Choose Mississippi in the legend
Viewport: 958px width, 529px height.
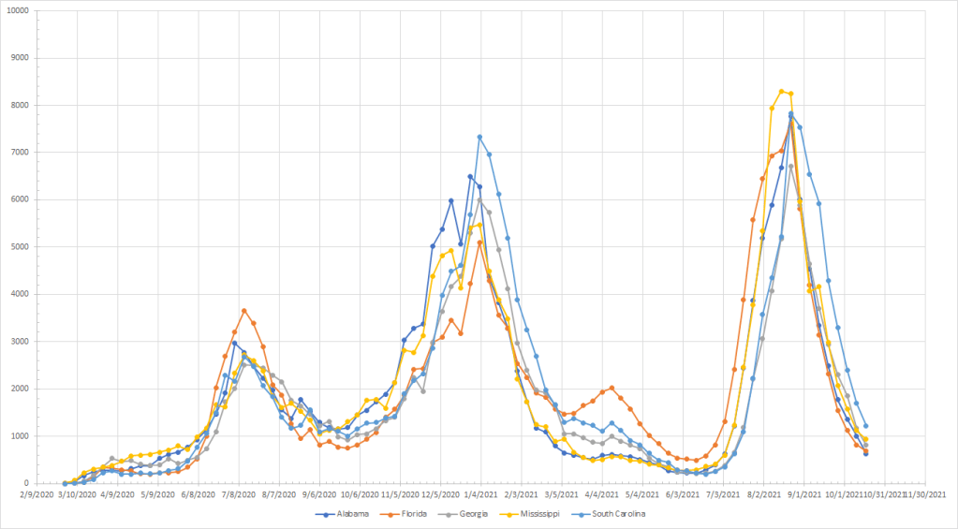pos(565,514)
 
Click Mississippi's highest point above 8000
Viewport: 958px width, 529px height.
pos(781,91)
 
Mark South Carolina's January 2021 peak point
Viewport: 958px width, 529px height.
pos(479,137)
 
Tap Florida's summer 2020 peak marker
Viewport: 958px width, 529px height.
pos(243,310)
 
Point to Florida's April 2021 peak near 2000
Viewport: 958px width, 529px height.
pos(612,388)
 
